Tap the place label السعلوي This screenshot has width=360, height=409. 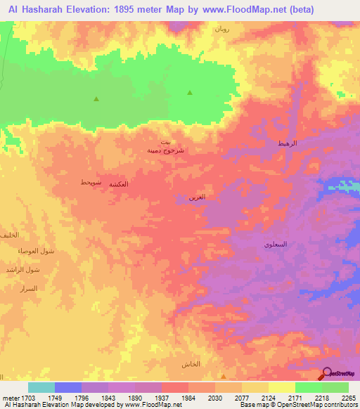[x=275, y=245]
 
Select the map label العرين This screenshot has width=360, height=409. [x=197, y=197]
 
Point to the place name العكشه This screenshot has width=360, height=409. [x=119, y=184]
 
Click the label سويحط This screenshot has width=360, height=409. [x=91, y=182]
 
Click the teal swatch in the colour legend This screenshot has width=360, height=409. [x=41, y=387]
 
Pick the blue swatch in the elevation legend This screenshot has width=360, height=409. [x=68, y=387]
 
